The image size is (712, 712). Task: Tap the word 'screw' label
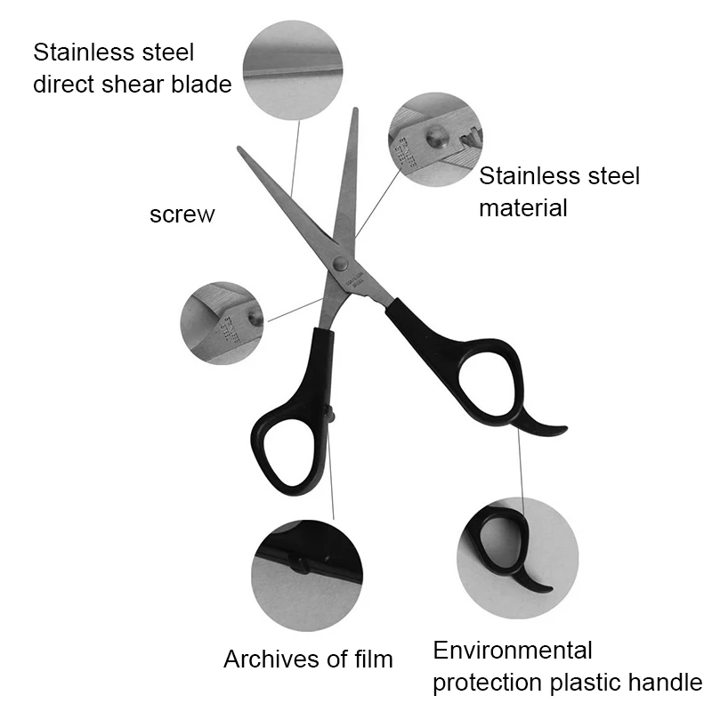click(182, 214)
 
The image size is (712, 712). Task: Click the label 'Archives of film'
click(308, 659)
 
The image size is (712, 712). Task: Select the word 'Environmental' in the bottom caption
click(513, 650)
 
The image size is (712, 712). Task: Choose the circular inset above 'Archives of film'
click(306, 570)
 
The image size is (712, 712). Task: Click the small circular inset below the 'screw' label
click(222, 317)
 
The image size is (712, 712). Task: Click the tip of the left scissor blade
click(240, 149)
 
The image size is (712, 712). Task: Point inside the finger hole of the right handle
click(488, 383)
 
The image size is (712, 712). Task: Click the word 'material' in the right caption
click(523, 208)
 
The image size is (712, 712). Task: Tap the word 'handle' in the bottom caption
click(663, 683)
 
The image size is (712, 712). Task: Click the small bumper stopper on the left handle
click(331, 413)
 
